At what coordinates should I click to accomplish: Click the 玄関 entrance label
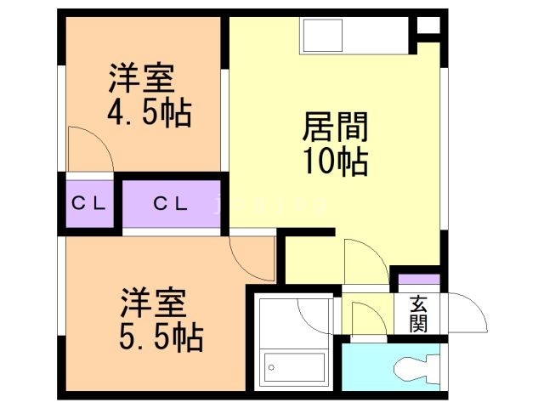coord(418,314)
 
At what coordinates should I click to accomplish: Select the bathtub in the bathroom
coord(294,366)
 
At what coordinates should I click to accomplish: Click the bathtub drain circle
coord(272,367)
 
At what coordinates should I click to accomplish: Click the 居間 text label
coord(335,128)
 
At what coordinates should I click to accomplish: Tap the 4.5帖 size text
coord(149,111)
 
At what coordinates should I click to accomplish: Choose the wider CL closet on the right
coord(172,204)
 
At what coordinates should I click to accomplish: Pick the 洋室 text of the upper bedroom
coord(141,78)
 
